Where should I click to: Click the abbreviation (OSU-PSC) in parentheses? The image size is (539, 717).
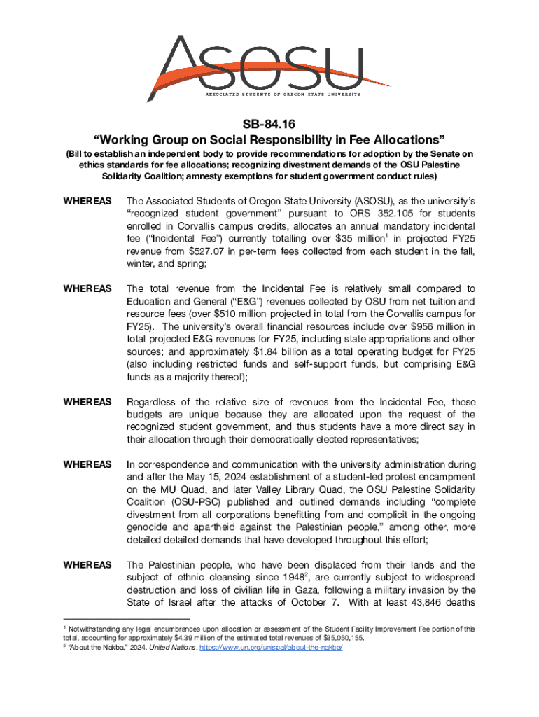(x=190, y=503)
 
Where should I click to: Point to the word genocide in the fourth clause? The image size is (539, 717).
(x=147, y=528)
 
